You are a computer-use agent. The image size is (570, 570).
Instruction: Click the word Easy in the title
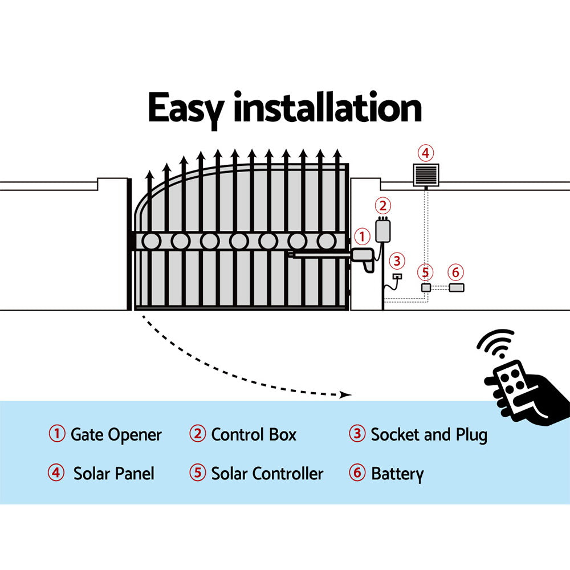click(186, 109)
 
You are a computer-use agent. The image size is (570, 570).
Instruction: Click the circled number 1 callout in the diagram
click(362, 235)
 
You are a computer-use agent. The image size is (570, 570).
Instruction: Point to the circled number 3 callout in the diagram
click(397, 262)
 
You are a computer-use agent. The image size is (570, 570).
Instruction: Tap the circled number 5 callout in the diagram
click(425, 271)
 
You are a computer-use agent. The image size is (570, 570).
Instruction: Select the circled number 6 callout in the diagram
click(455, 271)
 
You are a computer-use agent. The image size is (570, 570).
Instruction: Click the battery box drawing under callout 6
click(457, 288)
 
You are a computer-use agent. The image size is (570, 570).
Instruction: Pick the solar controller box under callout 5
click(426, 288)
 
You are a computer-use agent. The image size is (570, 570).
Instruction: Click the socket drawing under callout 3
click(397, 277)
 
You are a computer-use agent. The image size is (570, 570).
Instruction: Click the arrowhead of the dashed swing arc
click(344, 394)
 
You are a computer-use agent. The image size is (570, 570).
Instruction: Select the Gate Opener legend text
click(116, 435)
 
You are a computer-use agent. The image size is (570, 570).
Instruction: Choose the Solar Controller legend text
click(267, 474)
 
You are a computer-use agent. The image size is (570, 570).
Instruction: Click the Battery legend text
click(397, 474)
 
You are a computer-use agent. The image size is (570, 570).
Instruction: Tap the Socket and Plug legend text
click(429, 435)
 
